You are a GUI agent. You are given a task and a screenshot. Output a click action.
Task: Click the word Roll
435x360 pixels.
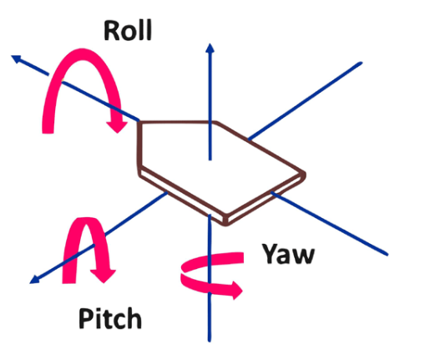(128, 30)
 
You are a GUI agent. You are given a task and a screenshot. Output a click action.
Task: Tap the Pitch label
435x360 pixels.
(110, 319)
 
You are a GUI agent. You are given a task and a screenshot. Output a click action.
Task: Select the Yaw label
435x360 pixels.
(288, 254)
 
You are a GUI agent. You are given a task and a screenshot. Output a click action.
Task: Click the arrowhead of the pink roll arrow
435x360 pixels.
(117, 127)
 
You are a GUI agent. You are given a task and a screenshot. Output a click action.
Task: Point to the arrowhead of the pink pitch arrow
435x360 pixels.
(103, 276)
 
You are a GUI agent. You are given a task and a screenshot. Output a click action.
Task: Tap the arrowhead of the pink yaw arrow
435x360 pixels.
(236, 291)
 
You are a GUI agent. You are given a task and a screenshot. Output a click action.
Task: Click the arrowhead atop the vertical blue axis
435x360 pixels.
(210, 48)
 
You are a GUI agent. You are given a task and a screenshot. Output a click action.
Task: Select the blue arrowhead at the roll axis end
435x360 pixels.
(16, 58)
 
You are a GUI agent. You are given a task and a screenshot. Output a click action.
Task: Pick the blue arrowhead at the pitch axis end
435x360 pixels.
(34, 279)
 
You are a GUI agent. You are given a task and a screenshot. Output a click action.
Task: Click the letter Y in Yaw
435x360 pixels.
(271, 253)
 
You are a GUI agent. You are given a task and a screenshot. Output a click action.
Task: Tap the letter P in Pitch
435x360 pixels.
(85, 318)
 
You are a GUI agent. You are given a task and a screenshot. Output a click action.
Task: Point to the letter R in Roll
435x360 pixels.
(111, 30)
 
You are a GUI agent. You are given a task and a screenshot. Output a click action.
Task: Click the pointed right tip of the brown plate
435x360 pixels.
(306, 175)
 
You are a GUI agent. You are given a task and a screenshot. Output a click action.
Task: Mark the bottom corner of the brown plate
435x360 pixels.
(226, 225)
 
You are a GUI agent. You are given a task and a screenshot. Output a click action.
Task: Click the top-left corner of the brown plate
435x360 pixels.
(139, 122)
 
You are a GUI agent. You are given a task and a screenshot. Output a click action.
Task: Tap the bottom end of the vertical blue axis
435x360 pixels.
(210, 341)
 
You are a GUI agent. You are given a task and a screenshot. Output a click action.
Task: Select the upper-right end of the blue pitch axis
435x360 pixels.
(361, 63)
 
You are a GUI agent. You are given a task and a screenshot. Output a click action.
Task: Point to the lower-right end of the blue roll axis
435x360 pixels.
(387, 254)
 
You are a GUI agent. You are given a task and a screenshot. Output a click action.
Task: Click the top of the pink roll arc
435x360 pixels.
(81, 54)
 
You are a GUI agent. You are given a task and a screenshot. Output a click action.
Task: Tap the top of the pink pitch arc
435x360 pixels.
(86, 221)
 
